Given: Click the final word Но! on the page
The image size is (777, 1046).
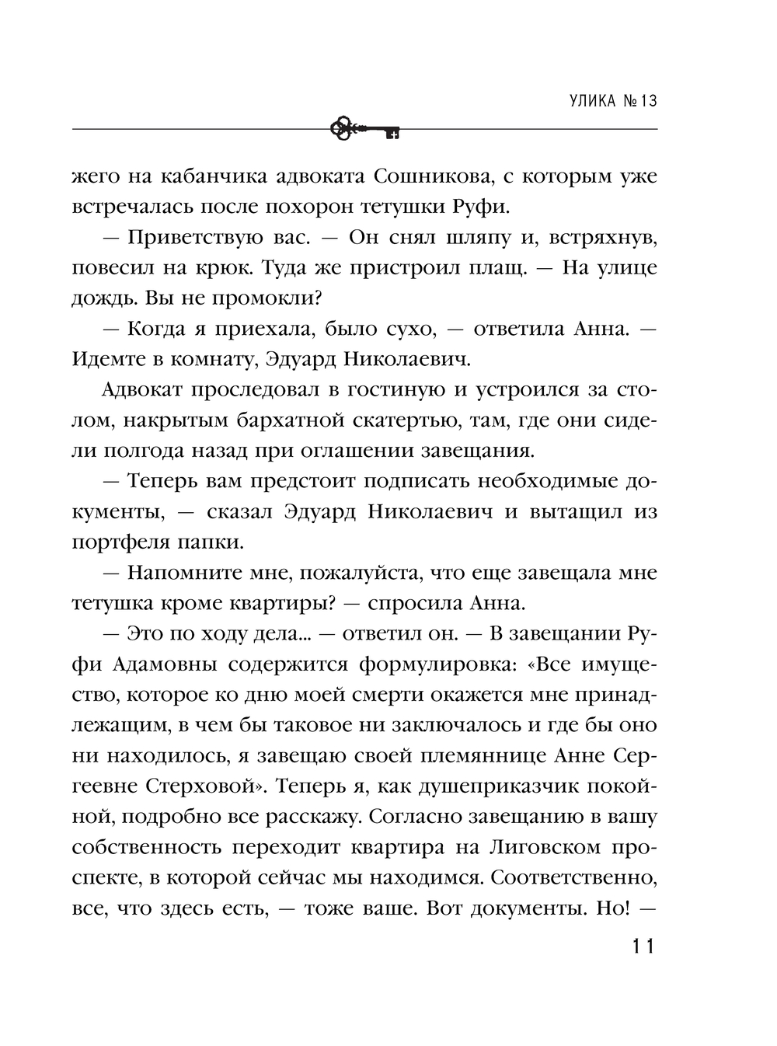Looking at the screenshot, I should click(611, 908).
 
